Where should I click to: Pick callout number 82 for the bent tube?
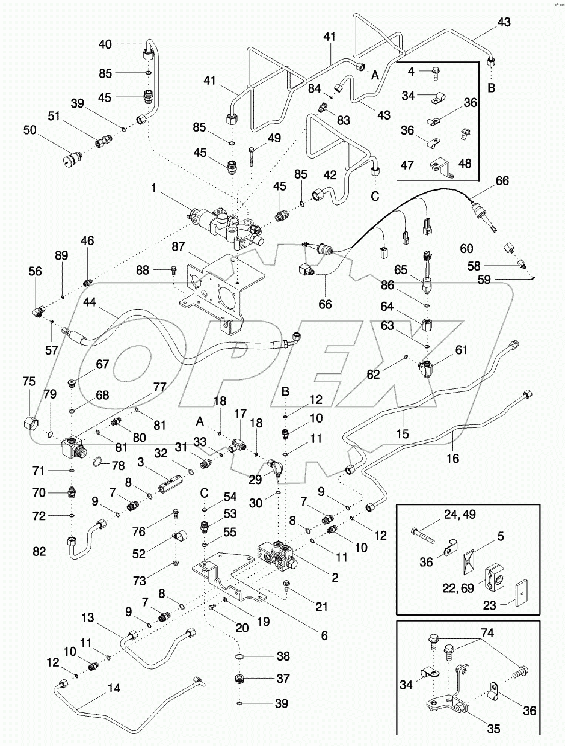324,634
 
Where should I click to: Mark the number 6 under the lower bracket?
324,634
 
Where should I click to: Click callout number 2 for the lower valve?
335,578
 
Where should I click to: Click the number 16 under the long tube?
452,459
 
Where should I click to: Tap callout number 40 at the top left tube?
105,44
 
